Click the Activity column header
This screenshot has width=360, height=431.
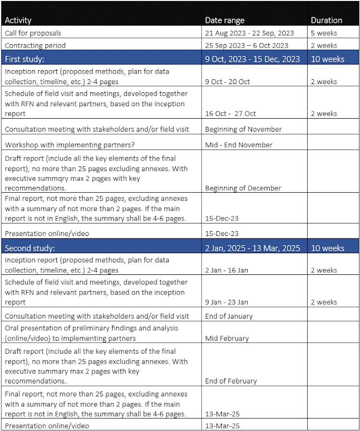[x=18, y=20]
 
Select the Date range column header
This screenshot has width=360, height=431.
[x=225, y=20]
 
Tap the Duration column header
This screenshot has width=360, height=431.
[x=326, y=20]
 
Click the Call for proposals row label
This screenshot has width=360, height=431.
[x=33, y=33]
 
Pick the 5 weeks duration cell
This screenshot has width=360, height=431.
[x=324, y=33]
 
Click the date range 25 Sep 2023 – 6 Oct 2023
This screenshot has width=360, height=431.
[x=247, y=46]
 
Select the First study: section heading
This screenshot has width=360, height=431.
[x=24, y=59]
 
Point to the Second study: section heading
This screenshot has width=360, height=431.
[x=30, y=248]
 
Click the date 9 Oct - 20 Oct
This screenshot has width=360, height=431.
[x=228, y=82]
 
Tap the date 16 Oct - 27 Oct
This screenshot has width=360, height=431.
[x=230, y=113]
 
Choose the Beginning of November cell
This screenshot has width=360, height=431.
[x=243, y=129]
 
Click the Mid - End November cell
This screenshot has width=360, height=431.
[x=239, y=145]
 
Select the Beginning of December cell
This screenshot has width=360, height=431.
[x=243, y=188]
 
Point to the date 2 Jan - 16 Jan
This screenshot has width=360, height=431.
[x=227, y=270]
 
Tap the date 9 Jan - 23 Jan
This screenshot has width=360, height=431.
[x=227, y=302]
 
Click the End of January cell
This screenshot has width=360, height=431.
[x=228, y=316]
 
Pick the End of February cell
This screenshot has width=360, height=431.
[x=231, y=381]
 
